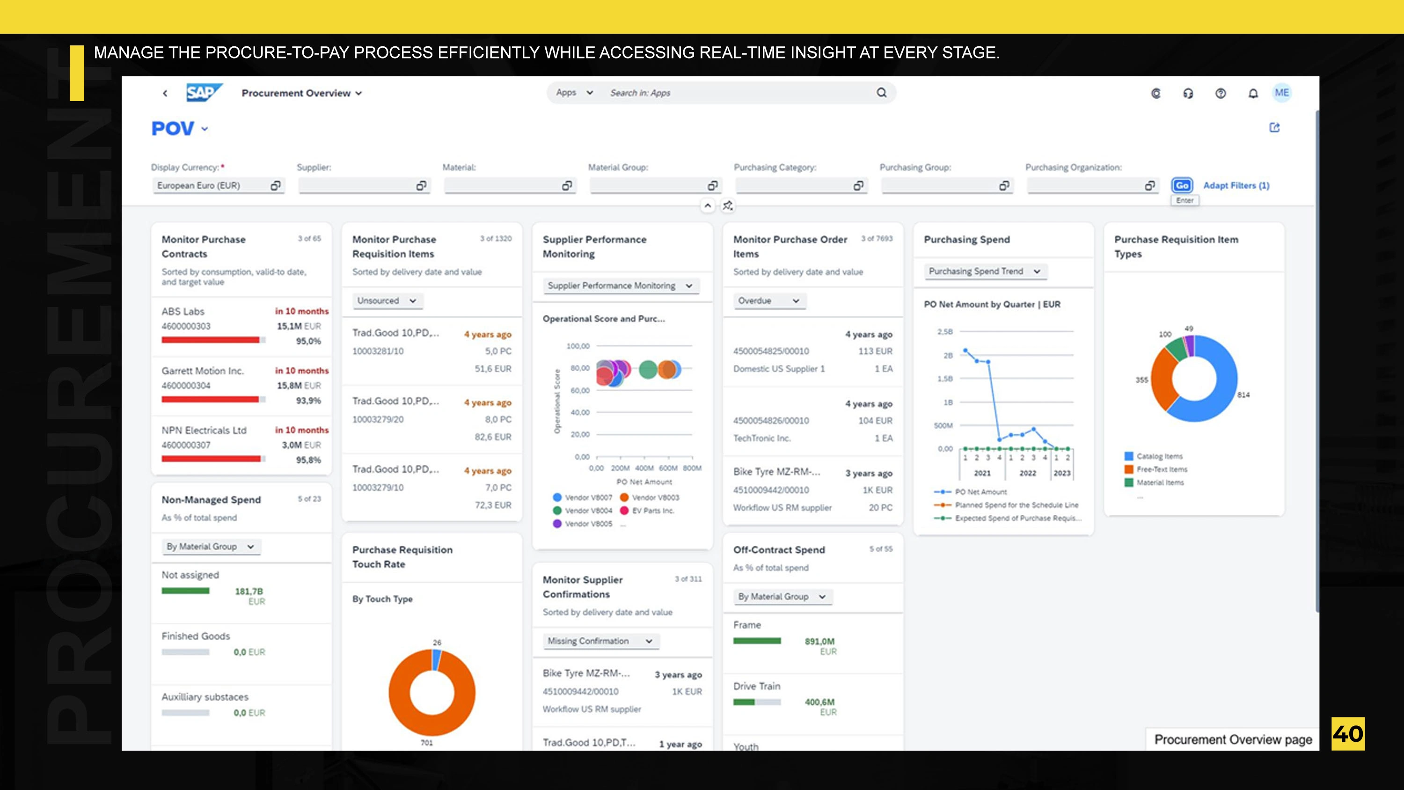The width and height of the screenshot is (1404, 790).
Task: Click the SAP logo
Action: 203,93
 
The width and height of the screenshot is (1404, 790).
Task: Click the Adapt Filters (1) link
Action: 1236,185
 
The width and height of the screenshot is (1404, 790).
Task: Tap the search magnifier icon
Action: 881,93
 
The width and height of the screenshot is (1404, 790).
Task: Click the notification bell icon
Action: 1253,93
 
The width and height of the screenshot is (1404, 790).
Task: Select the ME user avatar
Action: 1281,93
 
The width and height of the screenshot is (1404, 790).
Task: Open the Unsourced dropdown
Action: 387,300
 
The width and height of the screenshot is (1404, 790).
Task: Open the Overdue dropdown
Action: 768,300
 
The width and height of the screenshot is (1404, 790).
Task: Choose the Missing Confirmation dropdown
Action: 600,641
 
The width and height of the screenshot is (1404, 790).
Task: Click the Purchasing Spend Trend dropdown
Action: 984,271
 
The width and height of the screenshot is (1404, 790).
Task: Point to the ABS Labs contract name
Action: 183,311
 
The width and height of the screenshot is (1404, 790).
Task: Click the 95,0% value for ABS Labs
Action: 308,341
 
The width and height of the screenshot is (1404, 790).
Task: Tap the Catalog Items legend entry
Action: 1159,456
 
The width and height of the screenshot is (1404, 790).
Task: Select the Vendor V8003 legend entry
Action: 655,497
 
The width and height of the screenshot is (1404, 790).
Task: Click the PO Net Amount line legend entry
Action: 980,492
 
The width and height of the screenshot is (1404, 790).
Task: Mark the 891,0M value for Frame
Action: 819,641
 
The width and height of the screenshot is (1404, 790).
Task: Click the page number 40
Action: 1347,734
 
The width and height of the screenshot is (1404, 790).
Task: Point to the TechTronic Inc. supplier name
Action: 761,438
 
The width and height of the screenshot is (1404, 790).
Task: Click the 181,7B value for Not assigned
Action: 249,591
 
